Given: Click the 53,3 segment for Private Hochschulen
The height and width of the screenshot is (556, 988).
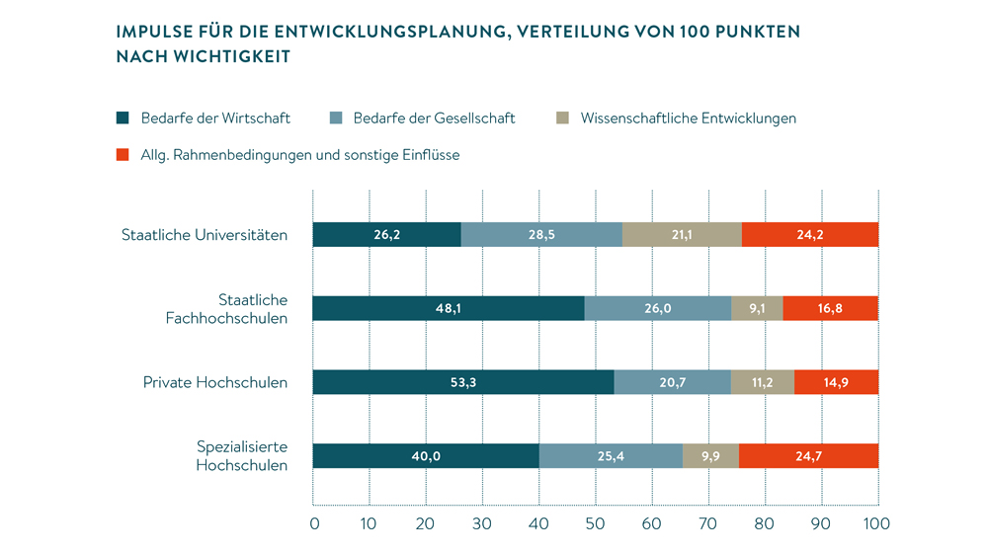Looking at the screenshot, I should [462, 382].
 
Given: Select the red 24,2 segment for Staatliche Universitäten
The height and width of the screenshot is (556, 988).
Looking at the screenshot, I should [809, 235].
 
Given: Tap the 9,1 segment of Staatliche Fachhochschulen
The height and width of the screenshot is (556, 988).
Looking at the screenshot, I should [757, 308].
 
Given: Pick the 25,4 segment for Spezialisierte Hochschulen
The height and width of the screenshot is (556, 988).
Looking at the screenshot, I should [611, 456].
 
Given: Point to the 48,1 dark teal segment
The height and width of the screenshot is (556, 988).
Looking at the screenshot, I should [449, 308].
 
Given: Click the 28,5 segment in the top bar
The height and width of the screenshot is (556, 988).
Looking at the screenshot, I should [541, 235].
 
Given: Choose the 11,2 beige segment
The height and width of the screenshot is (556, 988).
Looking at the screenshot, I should [762, 382].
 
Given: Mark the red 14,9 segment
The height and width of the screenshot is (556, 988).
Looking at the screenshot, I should [836, 382].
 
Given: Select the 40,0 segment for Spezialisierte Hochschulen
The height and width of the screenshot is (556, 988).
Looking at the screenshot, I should [426, 456].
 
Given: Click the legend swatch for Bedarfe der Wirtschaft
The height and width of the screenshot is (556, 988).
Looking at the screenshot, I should [123, 119].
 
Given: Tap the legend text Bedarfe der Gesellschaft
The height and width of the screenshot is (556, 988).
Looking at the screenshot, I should [436, 119].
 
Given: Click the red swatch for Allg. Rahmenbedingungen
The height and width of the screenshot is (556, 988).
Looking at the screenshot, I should [123, 155].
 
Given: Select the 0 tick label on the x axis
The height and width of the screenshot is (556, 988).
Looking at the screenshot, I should [314, 523].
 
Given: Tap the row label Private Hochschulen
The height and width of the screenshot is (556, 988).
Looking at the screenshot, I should [216, 382].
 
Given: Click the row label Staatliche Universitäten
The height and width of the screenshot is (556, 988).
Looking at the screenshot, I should [205, 235].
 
